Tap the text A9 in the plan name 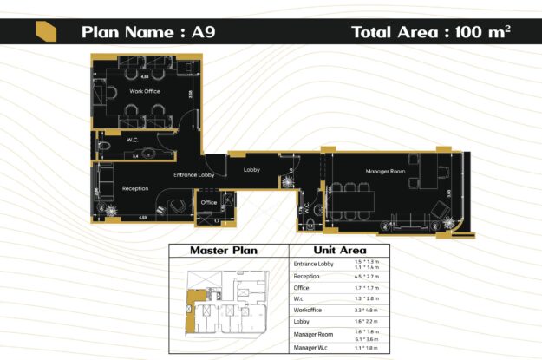point(205,32)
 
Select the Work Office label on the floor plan point(145,90)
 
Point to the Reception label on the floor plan point(135,188)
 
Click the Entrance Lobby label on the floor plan point(193,175)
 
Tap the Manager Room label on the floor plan point(385,171)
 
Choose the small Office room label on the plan point(208,202)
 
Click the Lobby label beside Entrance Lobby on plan point(252,169)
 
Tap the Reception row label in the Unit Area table point(307,276)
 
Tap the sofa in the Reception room point(103,183)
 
